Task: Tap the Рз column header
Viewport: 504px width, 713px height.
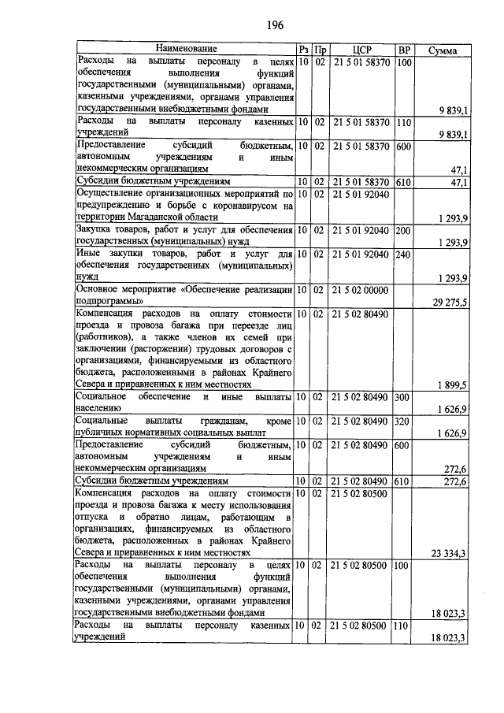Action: tap(303, 50)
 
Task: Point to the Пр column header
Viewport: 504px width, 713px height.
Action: tap(320, 50)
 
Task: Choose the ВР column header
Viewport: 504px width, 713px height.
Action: tap(404, 50)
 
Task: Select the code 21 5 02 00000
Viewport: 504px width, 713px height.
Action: tap(361, 291)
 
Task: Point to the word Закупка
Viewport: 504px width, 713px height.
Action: tap(95, 231)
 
